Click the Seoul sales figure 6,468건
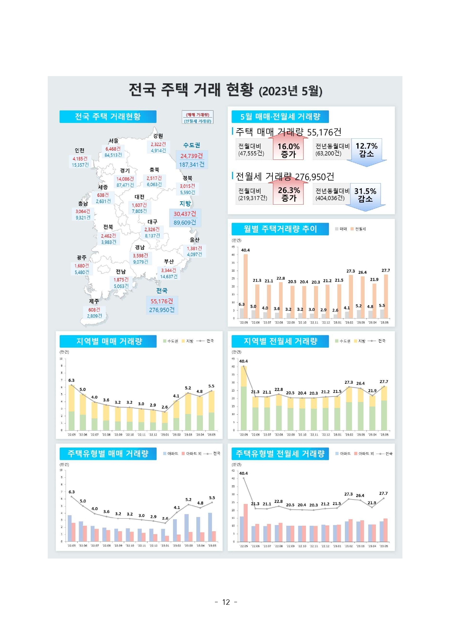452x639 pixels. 113,149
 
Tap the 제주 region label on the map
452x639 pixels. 94,301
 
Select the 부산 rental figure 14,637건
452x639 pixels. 169,277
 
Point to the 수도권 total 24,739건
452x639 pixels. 192,156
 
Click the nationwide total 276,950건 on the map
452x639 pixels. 162,310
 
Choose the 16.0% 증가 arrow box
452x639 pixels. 288,150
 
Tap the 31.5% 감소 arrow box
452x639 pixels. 365,195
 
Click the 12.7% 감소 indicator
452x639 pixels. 366,150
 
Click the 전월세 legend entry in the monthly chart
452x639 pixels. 358,229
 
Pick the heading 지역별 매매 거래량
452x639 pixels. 109,342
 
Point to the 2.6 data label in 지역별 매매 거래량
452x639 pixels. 165,407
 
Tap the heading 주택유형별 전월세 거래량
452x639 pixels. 280,454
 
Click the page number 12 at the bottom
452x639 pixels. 226,602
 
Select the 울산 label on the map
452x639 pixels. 195,240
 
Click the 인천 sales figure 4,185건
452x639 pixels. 80,159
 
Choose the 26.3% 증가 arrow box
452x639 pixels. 288,194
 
